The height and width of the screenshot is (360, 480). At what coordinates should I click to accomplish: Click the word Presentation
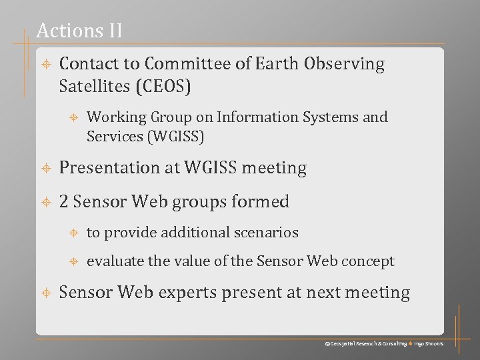107,168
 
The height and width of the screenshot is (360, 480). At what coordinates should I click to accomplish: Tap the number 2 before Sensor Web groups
64,201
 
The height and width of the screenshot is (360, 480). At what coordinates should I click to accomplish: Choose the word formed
265,201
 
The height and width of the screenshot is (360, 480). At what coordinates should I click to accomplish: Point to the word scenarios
269,233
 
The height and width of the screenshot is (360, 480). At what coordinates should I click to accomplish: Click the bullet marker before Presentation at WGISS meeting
46,169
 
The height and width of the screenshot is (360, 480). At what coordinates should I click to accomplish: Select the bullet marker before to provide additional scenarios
75,233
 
